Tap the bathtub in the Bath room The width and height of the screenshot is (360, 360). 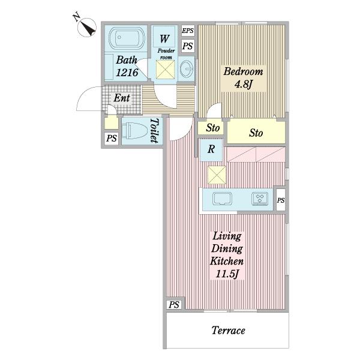tap(127, 38)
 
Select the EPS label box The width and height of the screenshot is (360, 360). tap(188, 31)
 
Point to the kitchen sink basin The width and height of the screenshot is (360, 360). tap(222, 199)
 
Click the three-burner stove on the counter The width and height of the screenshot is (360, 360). tap(260, 199)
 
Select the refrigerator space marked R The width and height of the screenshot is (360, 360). tap(211, 149)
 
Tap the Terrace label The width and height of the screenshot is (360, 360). tap(228, 331)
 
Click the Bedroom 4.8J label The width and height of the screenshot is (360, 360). tap(244, 78)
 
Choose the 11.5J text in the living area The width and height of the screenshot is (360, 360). tap(227, 274)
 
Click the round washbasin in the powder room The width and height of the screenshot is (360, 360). tap(187, 68)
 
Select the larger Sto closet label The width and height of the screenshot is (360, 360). tap(256, 133)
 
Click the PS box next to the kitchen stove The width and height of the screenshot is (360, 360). tap(281, 200)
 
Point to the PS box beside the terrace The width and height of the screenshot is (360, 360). tap(174, 305)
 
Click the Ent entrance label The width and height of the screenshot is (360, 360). tap(122, 98)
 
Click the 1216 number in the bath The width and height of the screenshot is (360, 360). tap(127, 73)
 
